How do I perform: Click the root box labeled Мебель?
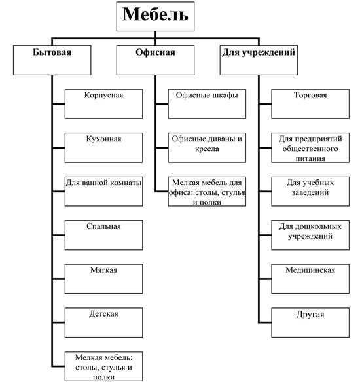pos(155,16)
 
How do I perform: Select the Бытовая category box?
pos(52,60)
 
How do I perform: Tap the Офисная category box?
pos(155,60)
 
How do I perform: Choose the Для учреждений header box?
pos(259,60)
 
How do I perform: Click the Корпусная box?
pos(103,104)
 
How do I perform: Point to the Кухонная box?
pos(103,148)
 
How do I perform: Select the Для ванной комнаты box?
pos(103,191)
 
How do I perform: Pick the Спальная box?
pos(103,235)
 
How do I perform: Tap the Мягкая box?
pos(103,279)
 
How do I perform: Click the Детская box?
pos(103,323)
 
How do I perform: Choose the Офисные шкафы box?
pos(207,104)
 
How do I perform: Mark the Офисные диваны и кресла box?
pos(207,148)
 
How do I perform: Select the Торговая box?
pos(310,104)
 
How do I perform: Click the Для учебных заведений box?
pos(310,191)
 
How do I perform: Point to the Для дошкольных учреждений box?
pos(310,235)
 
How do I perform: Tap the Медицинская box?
pos(310,279)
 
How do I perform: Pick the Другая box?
pos(310,323)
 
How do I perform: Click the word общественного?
pos(310,149)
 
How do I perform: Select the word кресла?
pos(207,149)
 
